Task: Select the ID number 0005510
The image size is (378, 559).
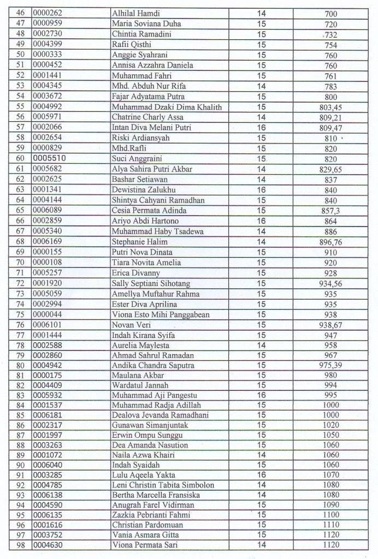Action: pos(50,159)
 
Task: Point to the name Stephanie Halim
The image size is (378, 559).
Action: pos(139,241)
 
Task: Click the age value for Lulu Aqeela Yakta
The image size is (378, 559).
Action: pos(261,475)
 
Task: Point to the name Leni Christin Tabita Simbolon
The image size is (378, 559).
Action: pos(163,485)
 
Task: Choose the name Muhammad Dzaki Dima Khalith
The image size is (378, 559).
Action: pos(167,107)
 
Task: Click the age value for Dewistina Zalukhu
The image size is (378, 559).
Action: pos(261,190)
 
